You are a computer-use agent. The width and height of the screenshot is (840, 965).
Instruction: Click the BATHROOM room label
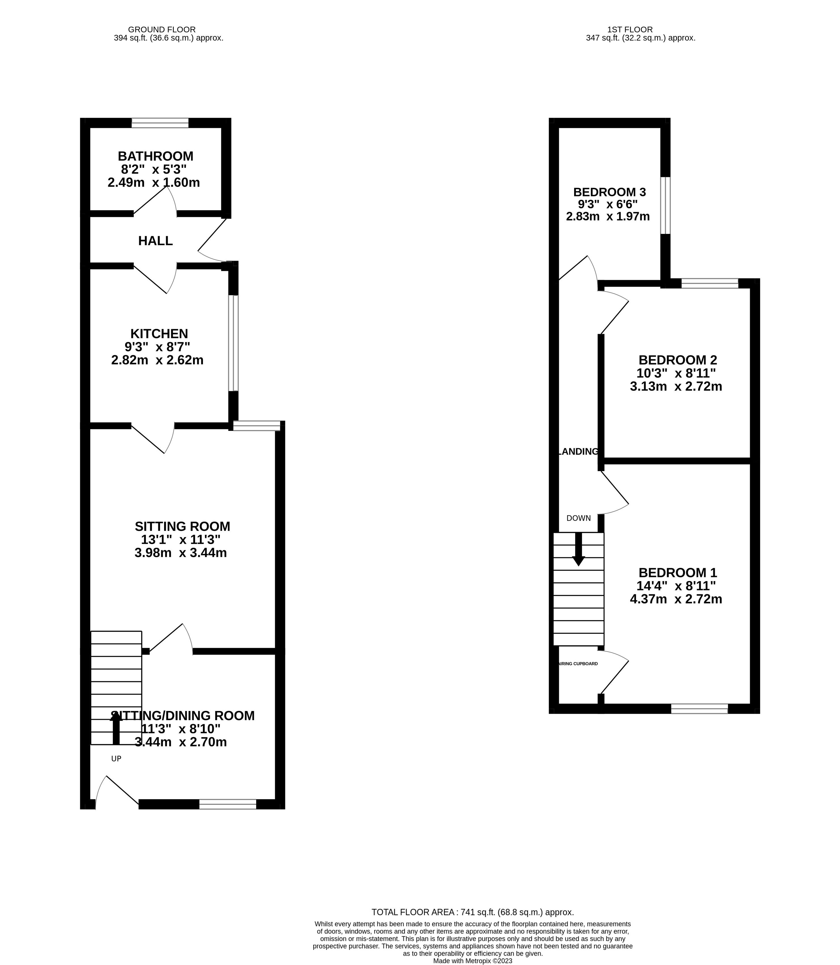click(156, 156)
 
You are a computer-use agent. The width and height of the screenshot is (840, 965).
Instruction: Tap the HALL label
click(156, 241)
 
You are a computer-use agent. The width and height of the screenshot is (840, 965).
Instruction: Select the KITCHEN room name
click(159, 334)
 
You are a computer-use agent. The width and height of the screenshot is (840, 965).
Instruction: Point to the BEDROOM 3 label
click(609, 192)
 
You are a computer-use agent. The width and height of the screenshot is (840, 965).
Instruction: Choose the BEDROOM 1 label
click(678, 573)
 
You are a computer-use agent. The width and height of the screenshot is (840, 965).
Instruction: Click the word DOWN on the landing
click(578, 518)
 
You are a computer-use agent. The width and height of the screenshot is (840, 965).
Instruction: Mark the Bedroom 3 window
click(666, 205)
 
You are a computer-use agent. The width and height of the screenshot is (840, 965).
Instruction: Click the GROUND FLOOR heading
click(162, 29)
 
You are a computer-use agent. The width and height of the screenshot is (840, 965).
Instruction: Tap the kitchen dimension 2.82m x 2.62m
click(158, 360)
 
